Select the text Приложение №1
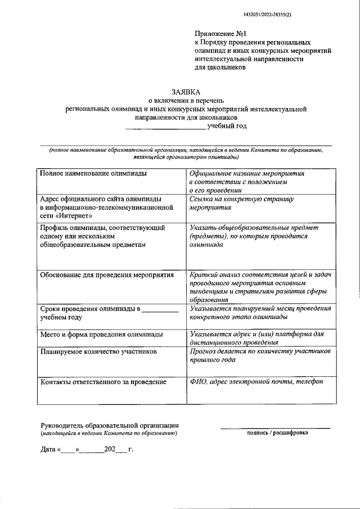[220, 34]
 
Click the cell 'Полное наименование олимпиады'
[93, 174]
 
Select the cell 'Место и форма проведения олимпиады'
[102, 334]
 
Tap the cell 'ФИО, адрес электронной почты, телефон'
[256, 382]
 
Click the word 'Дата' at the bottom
[48, 451]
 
